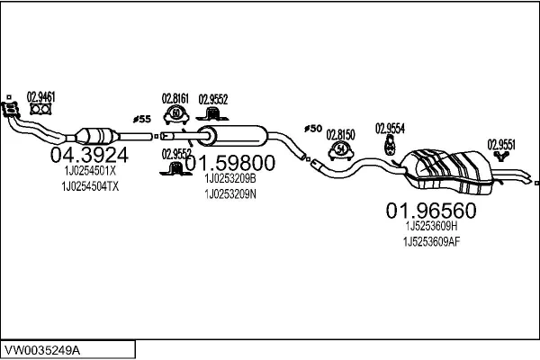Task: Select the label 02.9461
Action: [40, 97]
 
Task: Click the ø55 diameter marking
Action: [141, 119]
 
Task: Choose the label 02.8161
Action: [175, 98]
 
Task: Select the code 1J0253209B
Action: [230, 179]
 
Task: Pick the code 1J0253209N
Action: [230, 193]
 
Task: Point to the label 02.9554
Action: [389, 127]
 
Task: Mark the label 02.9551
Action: [501, 143]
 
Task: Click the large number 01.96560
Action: [430, 211]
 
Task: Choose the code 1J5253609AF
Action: [432, 241]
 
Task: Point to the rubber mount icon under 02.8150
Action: [341, 148]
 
